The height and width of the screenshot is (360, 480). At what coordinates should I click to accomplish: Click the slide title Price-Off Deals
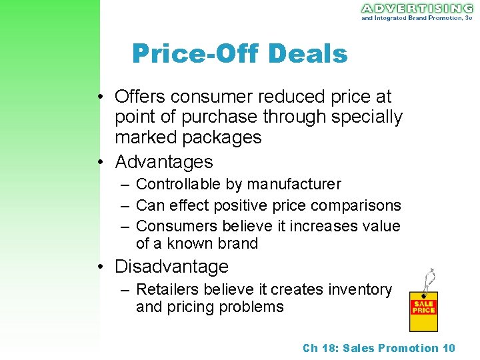coord(239,53)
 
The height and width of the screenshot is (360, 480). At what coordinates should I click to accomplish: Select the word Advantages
coord(164,161)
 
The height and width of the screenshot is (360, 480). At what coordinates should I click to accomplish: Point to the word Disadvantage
coord(171,267)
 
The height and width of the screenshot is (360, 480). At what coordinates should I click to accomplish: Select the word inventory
coord(361,289)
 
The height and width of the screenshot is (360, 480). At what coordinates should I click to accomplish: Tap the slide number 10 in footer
coord(449,348)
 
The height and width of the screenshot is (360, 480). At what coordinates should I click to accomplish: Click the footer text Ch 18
coord(321,348)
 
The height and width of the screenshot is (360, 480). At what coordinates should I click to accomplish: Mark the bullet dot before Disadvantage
coord(99,267)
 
